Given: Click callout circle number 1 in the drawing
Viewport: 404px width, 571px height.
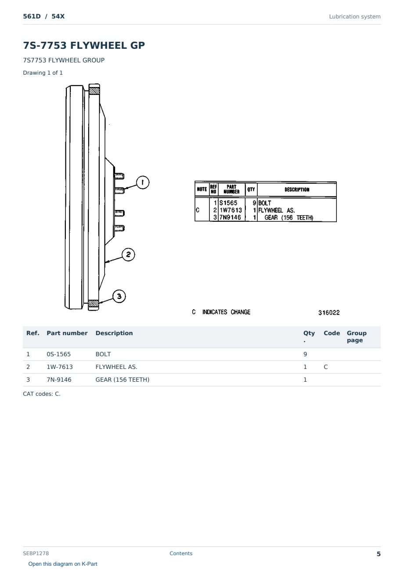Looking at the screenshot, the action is coord(142,182).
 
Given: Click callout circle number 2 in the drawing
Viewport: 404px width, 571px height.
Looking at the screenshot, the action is coord(128,254).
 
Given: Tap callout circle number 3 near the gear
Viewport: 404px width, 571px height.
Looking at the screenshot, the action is coord(119,296).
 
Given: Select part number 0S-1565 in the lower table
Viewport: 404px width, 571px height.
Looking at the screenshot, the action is coord(59,354).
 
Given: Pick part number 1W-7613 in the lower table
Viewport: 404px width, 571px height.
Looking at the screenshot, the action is coord(60,367).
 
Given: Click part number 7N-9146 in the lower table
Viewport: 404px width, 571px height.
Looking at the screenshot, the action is coord(59,379).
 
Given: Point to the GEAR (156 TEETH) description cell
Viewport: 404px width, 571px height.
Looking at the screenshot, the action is coord(123,379).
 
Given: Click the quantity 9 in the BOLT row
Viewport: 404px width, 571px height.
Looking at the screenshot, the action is coord(305,354).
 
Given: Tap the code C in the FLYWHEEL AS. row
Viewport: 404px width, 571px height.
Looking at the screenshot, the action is coord(325,367).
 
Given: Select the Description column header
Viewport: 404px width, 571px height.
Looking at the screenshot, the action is coord(114,333).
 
